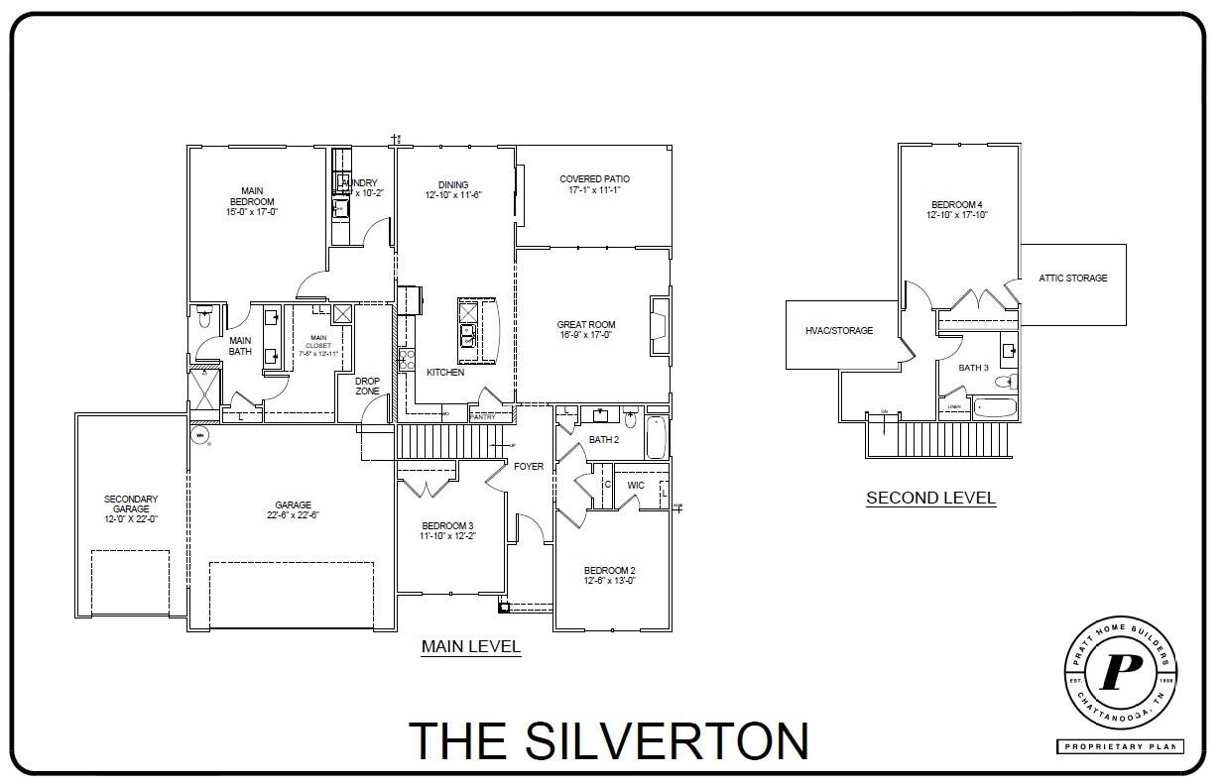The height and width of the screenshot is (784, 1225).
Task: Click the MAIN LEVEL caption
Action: tap(471, 647)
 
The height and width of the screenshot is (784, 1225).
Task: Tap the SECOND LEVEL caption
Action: tap(930, 498)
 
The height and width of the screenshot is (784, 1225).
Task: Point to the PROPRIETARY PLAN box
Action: tap(1120, 746)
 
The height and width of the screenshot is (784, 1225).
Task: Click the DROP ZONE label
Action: tap(367, 386)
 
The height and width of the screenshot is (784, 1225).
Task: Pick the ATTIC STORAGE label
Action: tap(1073, 279)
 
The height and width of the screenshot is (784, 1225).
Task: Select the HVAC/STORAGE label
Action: tap(839, 330)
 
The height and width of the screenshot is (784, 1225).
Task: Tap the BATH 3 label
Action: tap(973, 368)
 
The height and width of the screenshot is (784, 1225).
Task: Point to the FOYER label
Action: tap(529, 467)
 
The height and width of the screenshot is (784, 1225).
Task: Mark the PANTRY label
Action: tap(482, 417)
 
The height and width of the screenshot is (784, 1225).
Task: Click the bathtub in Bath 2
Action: tap(658, 437)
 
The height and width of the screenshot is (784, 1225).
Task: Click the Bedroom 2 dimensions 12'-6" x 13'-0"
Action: tap(609, 581)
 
